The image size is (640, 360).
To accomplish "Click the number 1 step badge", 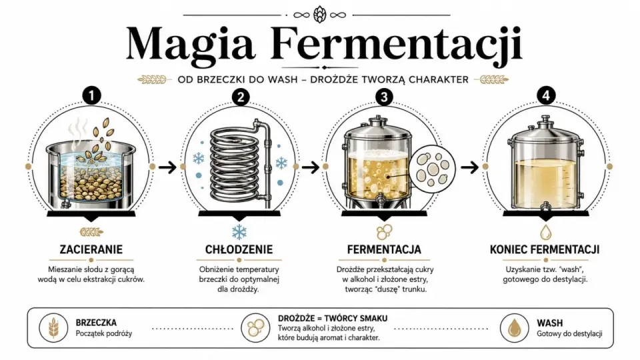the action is tap(91, 96).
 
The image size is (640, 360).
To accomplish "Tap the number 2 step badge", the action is tap(241, 97).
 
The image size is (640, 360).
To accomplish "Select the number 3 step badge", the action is tap(384, 97).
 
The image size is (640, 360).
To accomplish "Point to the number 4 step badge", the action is tap(546, 96).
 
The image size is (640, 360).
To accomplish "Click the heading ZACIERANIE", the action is tap(91, 249).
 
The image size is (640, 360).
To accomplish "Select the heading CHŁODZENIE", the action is tap(239, 249).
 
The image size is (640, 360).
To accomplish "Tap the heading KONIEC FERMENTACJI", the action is tap(545, 249).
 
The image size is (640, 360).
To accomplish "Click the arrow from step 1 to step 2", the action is tap(167, 167).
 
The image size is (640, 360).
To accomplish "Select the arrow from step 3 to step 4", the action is tap(469, 167).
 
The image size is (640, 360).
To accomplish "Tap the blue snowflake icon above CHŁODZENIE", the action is tap(239, 232).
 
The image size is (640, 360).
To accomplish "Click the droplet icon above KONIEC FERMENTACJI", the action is tap(546, 232).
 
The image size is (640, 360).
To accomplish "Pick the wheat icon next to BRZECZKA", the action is tap(53, 327).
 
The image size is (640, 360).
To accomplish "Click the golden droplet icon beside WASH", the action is tap(514, 327).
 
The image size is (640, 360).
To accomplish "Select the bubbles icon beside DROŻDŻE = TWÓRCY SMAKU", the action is tap(255, 327).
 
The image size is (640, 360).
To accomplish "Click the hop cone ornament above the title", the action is tap(319, 15).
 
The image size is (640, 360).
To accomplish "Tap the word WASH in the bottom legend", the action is tap(550, 323).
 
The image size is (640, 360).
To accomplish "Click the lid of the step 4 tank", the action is tap(545, 130).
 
